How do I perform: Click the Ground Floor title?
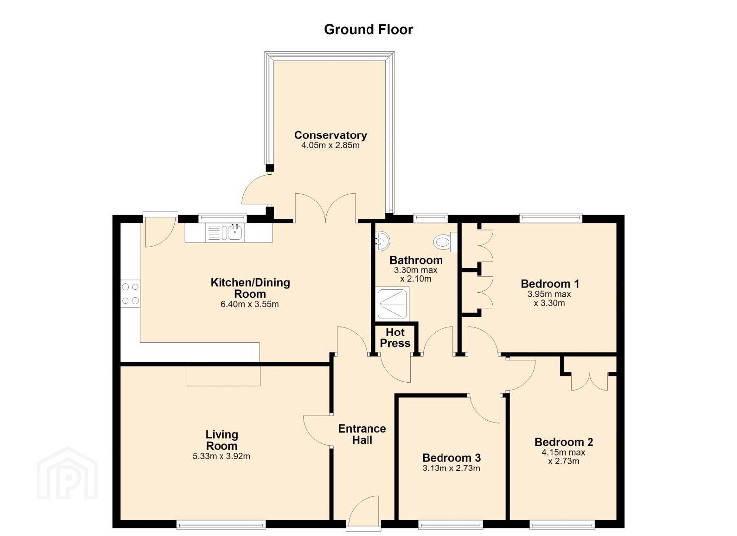[368, 30]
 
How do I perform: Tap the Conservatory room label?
[330, 135]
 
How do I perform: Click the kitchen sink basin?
[235, 233]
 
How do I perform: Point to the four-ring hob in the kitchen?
[130, 294]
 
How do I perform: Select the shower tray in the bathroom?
[393, 304]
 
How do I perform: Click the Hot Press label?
[395, 337]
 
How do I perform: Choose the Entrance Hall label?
[362, 434]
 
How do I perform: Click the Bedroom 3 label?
[451, 458]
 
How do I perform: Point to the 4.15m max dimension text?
[563, 453]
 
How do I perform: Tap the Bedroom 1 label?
[550, 284]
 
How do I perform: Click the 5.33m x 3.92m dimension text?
[221, 456]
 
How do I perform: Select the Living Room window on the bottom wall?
[221, 524]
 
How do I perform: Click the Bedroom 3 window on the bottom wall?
[451, 524]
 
